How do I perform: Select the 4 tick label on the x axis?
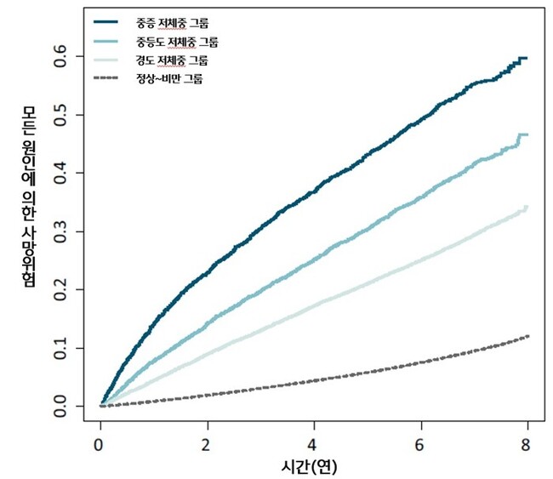[x=314, y=444]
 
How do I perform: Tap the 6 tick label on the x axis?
[x=421, y=444]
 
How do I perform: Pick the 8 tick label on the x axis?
[x=527, y=444]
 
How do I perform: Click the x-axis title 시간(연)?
[x=314, y=466]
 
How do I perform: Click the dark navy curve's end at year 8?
[x=527, y=58]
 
